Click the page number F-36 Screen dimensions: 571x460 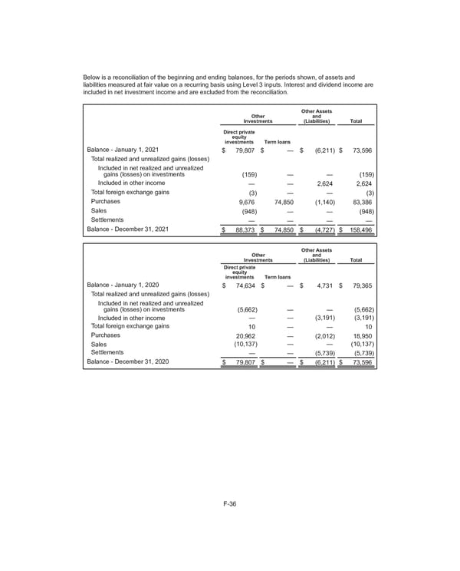point(229,503)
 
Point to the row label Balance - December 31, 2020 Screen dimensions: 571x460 point(127,363)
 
